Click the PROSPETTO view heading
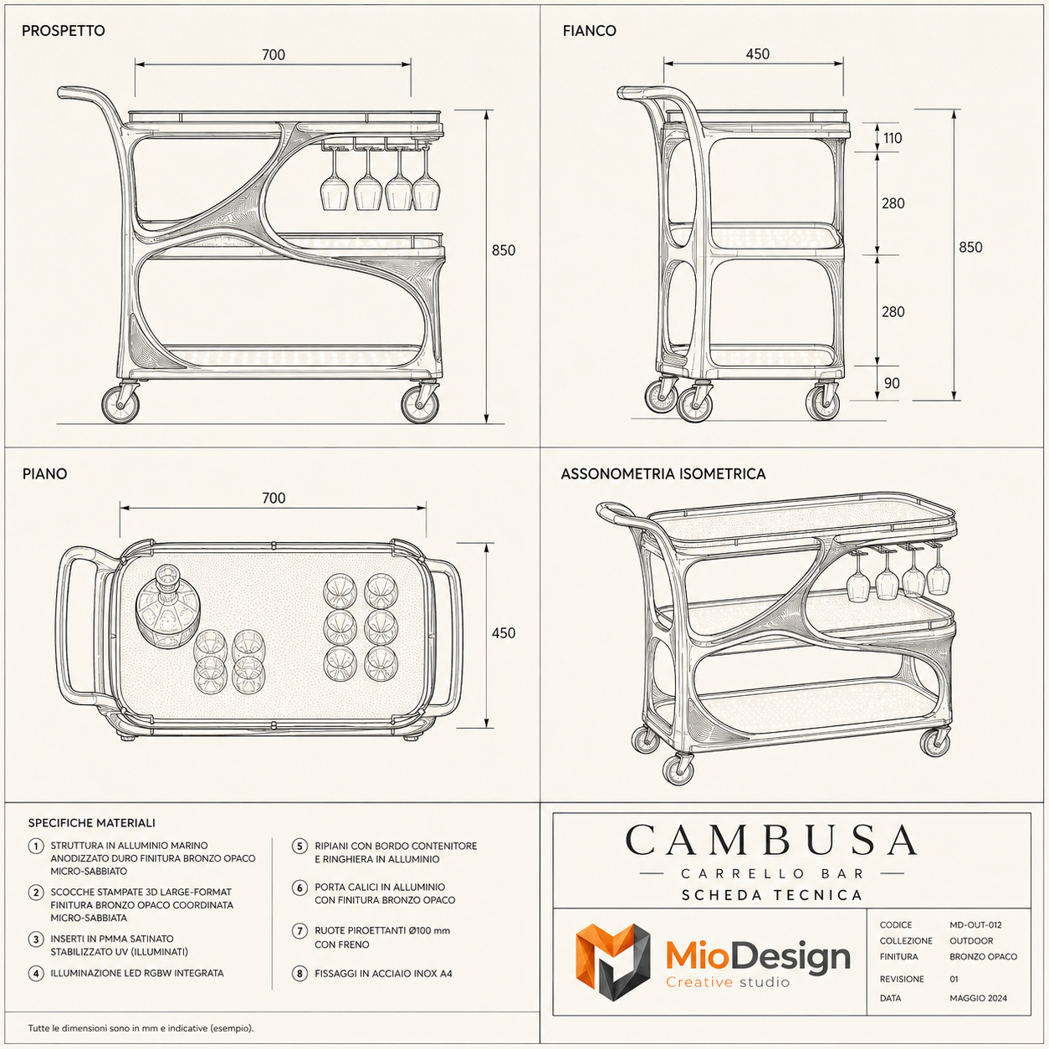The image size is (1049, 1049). [63, 30]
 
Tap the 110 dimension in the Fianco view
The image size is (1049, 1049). [893, 138]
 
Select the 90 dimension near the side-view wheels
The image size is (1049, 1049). [892, 383]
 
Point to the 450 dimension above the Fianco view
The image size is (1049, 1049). [757, 54]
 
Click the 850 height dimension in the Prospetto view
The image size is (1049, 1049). [503, 250]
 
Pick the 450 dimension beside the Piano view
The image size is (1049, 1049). [503, 633]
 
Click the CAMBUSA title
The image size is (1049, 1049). [772, 840]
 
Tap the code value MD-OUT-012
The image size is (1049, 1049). [975, 925]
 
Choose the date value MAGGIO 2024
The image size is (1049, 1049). [978, 998]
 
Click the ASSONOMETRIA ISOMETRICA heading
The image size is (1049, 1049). [663, 474]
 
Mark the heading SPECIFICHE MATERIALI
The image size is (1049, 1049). [91, 823]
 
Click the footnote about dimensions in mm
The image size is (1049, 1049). [141, 1028]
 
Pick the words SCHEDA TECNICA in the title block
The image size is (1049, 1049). [772, 895]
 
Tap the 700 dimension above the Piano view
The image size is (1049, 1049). [274, 498]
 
